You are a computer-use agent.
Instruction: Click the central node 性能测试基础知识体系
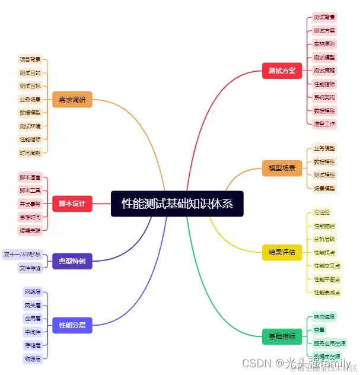pos(177,204)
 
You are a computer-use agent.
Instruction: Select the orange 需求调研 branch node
pos(72,100)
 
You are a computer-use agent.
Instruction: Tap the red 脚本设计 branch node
pos(72,204)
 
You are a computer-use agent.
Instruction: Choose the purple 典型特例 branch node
pos(72,260)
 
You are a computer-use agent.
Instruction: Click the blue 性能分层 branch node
pos(72,325)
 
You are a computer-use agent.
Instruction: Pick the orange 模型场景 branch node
pos(282,168)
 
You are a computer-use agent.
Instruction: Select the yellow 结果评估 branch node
pos(282,252)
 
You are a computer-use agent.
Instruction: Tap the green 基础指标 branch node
pos(282,336)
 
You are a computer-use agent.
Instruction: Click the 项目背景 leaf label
pos(30,59)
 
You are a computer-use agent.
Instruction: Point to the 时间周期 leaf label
pos(30,152)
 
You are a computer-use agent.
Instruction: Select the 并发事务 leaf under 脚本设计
pos(30,204)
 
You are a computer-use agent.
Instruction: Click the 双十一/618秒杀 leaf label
pos(23,255)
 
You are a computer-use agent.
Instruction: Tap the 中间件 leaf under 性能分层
pos(33,332)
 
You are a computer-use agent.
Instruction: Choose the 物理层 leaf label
pos(33,358)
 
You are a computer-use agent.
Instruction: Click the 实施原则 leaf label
pos(324,44)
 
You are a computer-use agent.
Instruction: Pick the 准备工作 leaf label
pos(324,124)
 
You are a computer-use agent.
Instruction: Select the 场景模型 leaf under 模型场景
pos(324,188)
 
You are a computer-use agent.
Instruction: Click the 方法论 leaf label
pos(322,212)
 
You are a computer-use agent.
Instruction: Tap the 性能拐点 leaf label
pos(324,252)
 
